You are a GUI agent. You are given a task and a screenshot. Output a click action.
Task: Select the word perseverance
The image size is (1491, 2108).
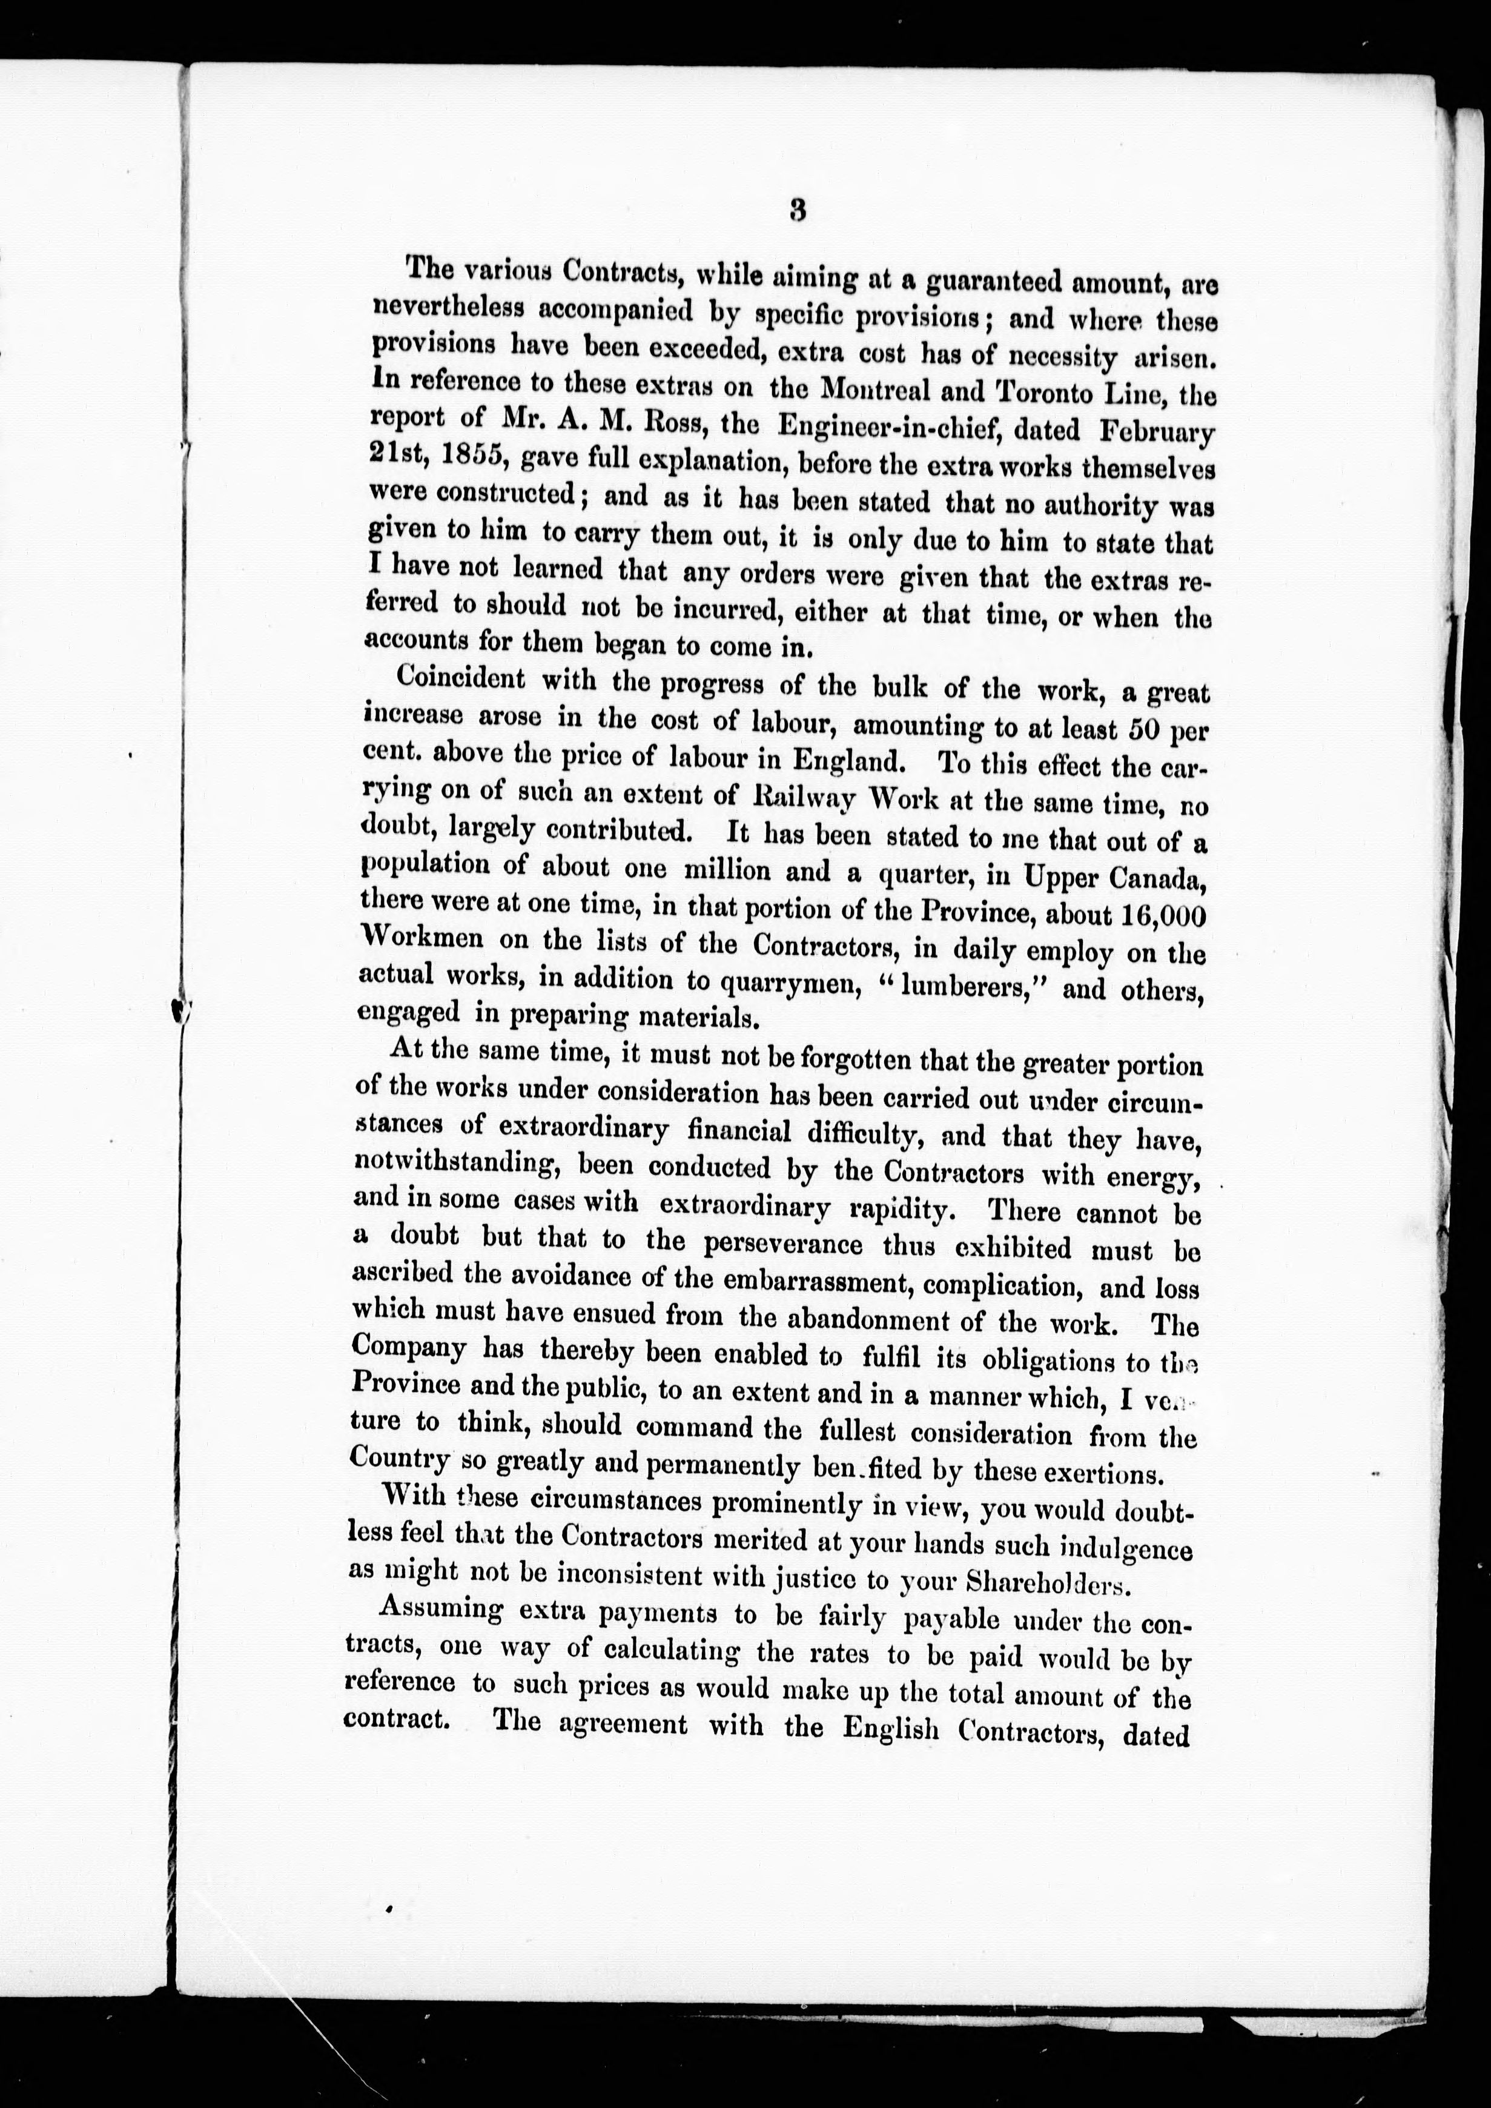(x=782, y=1244)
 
